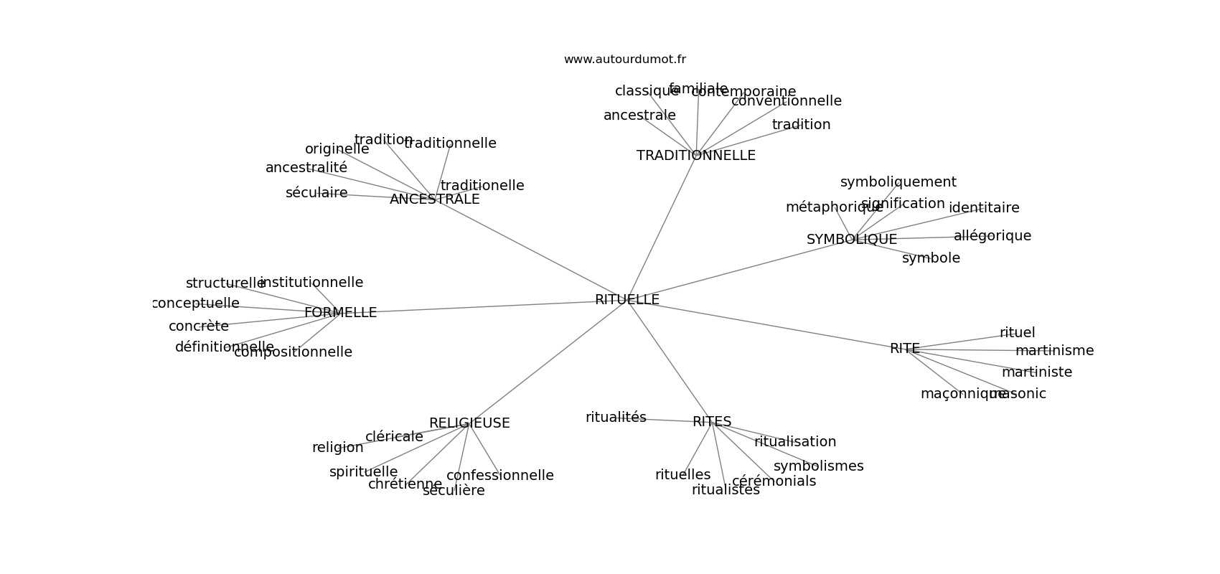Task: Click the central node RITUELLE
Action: pos(627,300)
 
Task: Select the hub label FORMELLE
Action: pos(340,313)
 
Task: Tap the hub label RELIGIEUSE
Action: pos(469,423)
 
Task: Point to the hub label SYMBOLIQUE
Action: pos(851,240)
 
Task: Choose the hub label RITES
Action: pos(711,422)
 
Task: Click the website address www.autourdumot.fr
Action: pos(624,60)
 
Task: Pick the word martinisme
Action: pos(1054,351)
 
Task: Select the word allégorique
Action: pos(992,236)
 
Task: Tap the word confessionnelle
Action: pos(499,476)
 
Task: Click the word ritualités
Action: pos(616,418)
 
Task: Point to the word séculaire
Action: pos(316,193)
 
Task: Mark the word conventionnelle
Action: pos(786,101)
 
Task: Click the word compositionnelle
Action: pos(293,352)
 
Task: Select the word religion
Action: pos(337,448)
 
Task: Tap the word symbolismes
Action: pos(818,466)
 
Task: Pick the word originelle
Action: pos(337,149)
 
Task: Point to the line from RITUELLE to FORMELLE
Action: pos(488,307)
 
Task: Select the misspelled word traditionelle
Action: pos(482,186)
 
